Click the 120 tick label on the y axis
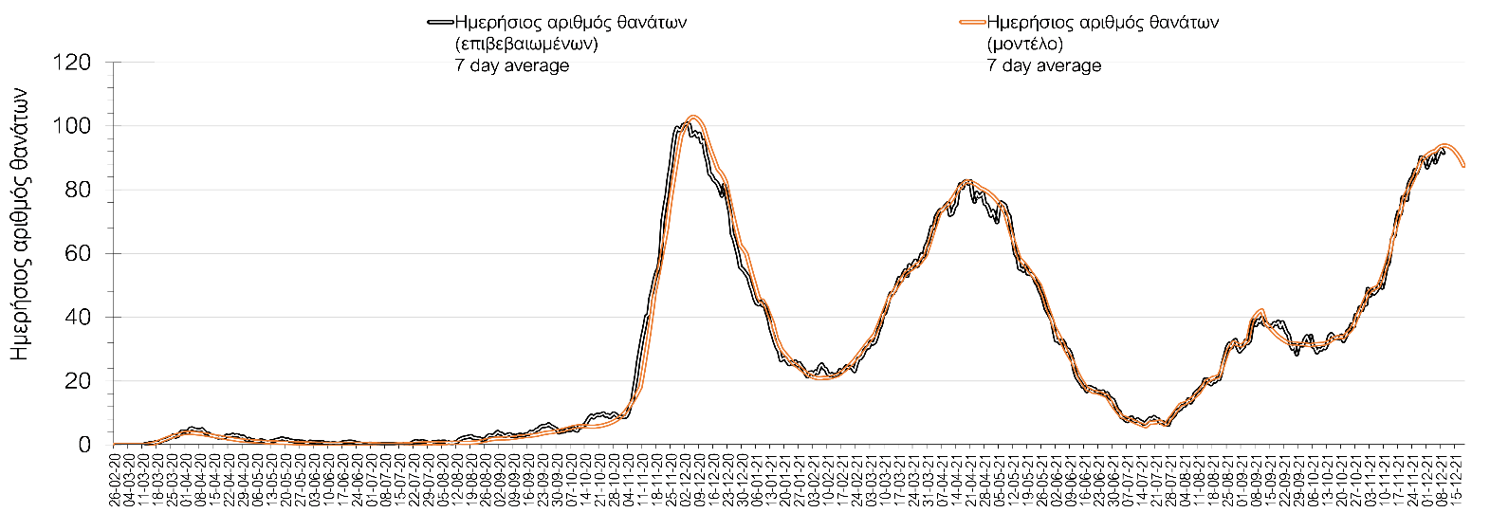click(72, 63)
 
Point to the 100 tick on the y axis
click(72, 126)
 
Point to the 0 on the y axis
click(84, 445)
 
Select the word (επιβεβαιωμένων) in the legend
click(526, 44)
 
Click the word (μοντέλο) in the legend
click(1024, 44)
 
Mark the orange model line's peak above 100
click(694, 117)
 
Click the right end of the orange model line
click(1464, 167)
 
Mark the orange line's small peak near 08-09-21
click(1260, 309)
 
